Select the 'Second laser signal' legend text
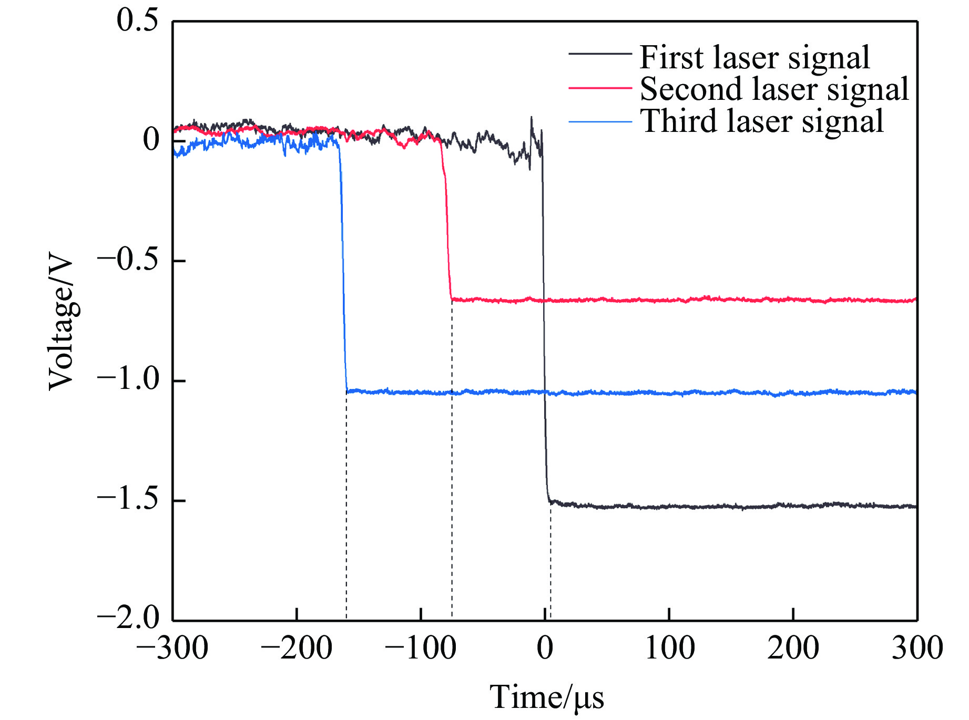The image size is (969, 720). coord(774,89)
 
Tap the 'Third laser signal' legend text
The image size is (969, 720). coord(762,121)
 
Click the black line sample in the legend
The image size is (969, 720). coord(600,54)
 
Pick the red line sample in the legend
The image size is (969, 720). coord(600,88)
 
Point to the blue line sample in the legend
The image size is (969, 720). coord(600,122)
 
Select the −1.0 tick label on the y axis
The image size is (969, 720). coord(128,379)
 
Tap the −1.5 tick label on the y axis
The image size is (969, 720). coord(128,499)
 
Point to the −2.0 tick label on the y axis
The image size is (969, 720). coord(128,618)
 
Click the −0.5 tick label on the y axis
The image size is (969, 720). coord(128,260)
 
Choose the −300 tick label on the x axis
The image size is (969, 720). coord(172,649)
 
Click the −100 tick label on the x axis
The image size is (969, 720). coord(420,649)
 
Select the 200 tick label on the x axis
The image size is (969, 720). coord(792,649)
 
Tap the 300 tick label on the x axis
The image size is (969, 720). coord(917,649)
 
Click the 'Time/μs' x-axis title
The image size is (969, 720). coord(547,698)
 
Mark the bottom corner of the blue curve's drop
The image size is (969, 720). coord(347,392)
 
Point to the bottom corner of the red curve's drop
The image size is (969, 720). coord(452,299)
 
